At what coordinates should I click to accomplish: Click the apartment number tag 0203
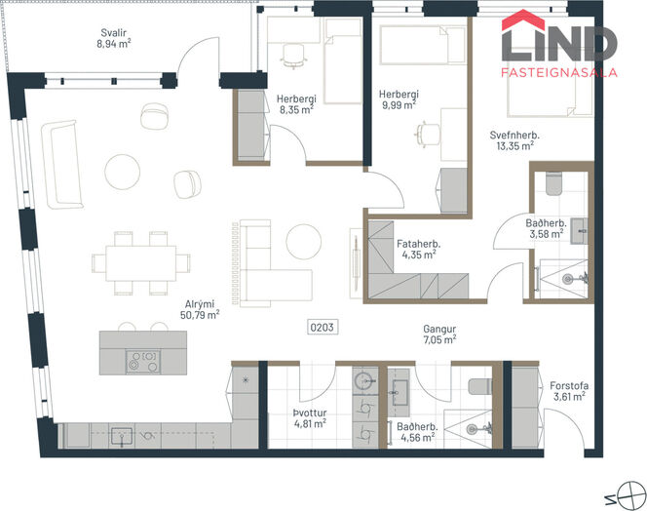(x=322, y=328)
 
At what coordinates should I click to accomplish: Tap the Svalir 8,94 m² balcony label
(x=114, y=38)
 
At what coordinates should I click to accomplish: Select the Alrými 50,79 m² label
(x=200, y=310)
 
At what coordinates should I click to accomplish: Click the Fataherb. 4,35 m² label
(x=418, y=249)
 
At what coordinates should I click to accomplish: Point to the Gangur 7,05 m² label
(x=439, y=334)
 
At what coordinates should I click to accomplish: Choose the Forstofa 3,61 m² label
(x=569, y=391)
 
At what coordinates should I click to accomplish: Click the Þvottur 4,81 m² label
(x=310, y=418)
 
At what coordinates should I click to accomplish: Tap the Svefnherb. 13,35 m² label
(x=514, y=140)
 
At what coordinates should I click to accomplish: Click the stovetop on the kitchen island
(x=143, y=362)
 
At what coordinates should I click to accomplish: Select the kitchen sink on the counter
(x=122, y=436)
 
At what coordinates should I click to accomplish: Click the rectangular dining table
(x=140, y=263)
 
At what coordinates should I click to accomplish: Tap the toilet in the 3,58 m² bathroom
(x=553, y=183)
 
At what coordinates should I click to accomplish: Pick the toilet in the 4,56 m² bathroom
(x=480, y=386)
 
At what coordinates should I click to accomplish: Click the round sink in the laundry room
(x=365, y=380)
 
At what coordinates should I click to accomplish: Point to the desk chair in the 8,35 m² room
(x=294, y=56)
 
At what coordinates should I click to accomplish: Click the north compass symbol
(x=630, y=495)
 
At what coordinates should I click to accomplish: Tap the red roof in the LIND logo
(x=523, y=20)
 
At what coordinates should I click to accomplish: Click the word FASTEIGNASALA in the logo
(x=559, y=73)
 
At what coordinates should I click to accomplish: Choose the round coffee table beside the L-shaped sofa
(x=304, y=242)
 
